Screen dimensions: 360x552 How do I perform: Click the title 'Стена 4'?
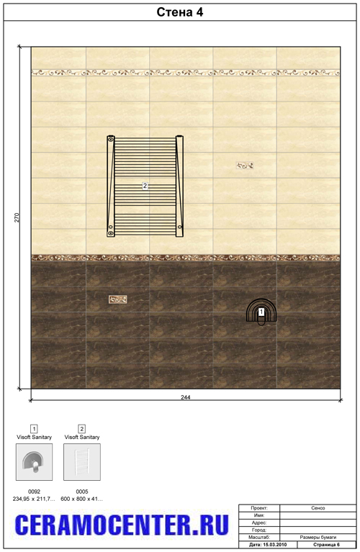tap(180, 12)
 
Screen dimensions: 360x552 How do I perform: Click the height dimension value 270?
tap(17, 217)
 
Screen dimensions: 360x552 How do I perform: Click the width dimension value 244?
tap(186, 397)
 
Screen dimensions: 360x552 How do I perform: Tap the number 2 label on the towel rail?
tap(145, 185)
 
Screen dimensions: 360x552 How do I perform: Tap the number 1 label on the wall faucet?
tap(261, 312)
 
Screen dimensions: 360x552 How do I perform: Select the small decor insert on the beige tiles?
tap(245, 165)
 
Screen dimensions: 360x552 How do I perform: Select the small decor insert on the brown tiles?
tap(117, 299)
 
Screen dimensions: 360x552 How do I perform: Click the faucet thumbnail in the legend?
tap(34, 461)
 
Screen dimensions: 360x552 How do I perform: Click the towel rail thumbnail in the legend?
tap(82, 461)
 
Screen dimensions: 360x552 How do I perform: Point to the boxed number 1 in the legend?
tap(34, 428)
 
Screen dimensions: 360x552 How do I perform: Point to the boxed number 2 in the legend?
tap(82, 428)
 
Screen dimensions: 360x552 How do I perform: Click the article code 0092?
tap(34, 491)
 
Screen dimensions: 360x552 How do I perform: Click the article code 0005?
tap(82, 491)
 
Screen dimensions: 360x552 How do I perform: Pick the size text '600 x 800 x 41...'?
tap(82, 499)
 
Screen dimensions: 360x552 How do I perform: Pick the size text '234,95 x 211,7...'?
tap(34, 499)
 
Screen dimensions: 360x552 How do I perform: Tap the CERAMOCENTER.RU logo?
tap(122, 525)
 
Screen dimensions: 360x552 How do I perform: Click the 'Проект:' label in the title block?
tap(259, 508)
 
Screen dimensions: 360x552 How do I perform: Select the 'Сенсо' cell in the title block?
tap(318, 508)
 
